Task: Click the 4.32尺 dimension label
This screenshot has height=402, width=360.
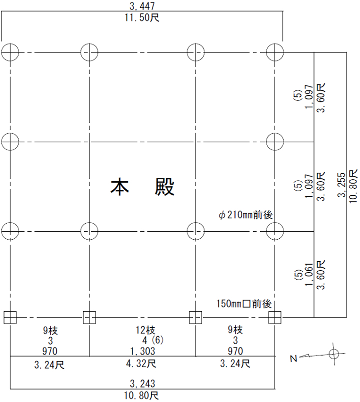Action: click(142, 364)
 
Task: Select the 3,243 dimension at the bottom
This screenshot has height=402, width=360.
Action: click(142, 384)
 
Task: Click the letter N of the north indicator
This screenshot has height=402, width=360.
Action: click(293, 358)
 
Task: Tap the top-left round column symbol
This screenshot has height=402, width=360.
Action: click(10, 51)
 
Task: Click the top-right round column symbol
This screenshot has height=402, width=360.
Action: click(275, 51)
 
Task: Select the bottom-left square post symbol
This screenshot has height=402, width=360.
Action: click(10, 317)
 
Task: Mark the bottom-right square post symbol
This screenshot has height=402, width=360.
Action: click(275, 317)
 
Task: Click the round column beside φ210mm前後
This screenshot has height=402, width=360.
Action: click(275, 231)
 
